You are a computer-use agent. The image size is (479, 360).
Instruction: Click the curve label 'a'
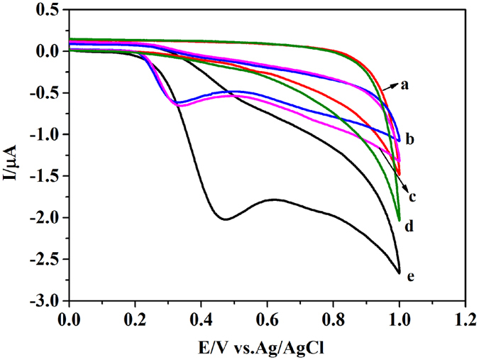(x=405, y=84)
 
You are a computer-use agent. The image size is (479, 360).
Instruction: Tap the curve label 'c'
(x=412, y=196)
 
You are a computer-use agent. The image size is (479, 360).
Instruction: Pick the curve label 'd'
(x=409, y=227)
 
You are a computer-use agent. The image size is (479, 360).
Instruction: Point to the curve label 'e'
(x=410, y=276)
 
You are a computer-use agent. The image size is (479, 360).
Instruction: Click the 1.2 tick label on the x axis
(x=465, y=317)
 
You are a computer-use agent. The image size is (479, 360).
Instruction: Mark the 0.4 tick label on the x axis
(x=201, y=317)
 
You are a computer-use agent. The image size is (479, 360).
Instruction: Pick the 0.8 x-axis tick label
(x=333, y=317)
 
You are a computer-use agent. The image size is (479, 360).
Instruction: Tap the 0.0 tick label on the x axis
(x=69, y=317)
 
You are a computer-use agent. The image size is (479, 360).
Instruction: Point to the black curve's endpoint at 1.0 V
(x=400, y=273)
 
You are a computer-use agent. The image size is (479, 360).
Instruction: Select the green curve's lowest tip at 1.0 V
(x=400, y=220)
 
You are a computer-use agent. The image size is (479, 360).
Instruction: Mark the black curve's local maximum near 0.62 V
(x=274, y=200)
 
